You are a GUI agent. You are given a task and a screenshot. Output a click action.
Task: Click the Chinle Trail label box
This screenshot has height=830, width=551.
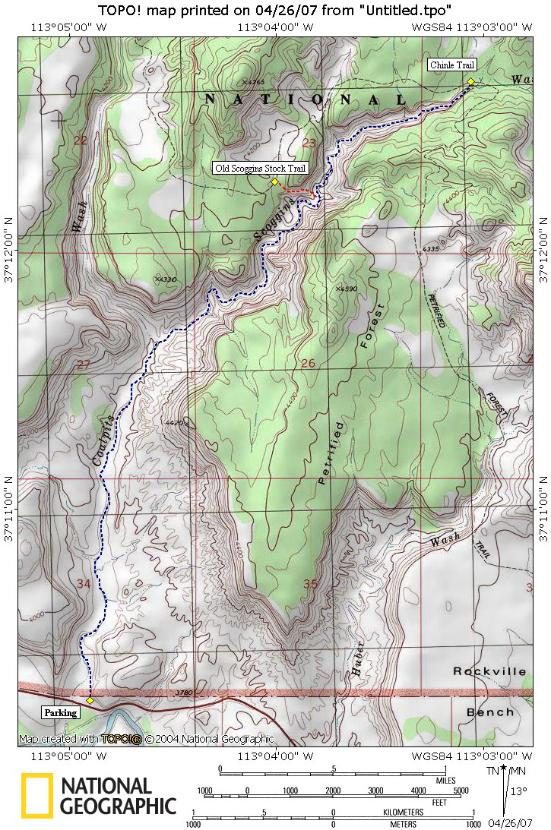tap(451, 65)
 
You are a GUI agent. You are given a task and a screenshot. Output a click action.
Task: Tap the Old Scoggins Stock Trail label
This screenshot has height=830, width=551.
tap(261, 168)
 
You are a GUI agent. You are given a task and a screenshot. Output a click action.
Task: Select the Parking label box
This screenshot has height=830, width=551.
tap(60, 712)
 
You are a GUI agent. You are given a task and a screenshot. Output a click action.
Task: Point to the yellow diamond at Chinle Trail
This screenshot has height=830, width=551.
tap(470, 81)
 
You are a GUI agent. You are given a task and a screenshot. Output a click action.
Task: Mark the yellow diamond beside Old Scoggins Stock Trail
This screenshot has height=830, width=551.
tap(274, 181)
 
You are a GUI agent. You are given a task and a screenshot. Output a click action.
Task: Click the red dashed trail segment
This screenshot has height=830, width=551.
tap(296, 188)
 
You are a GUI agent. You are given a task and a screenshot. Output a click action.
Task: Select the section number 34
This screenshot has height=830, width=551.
tap(84, 584)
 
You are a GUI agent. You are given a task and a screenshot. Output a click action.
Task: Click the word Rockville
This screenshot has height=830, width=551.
tap(489, 671)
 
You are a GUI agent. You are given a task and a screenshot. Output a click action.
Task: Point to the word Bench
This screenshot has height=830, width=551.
tap(490, 712)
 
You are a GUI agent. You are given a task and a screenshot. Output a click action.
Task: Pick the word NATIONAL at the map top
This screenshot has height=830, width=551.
tap(307, 100)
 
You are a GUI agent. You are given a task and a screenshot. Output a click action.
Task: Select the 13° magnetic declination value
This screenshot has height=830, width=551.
tap(518, 791)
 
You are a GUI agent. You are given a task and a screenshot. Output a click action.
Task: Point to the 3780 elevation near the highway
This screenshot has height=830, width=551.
tap(183, 693)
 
